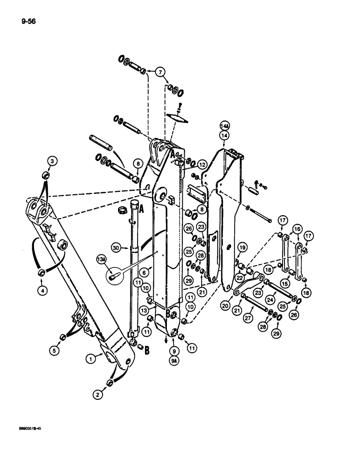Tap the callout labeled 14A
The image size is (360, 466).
[223, 124]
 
